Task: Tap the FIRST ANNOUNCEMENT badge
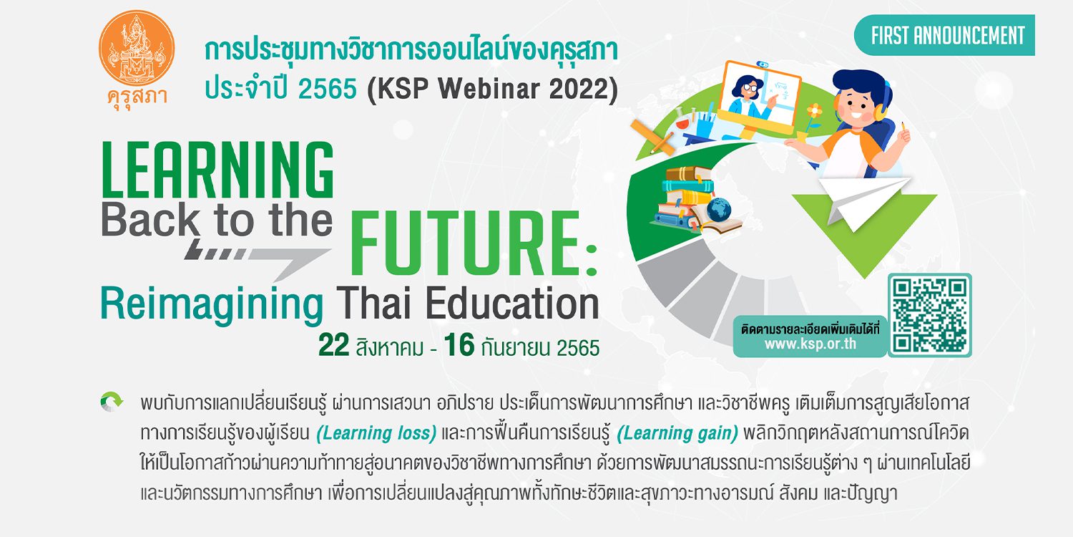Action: click(944, 36)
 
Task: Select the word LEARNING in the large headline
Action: click(217, 170)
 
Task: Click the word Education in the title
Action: click(512, 303)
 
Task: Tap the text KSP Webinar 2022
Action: click(492, 89)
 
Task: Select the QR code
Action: click(929, 315)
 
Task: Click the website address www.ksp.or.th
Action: click(810, 344)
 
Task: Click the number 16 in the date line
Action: click(459, 344)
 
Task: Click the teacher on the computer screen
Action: click(750, 98)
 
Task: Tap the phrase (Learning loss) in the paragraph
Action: click(376, 433)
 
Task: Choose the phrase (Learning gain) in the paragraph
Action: click(677, 433)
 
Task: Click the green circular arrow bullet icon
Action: click(112, 402)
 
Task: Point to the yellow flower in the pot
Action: click(814, 112)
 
